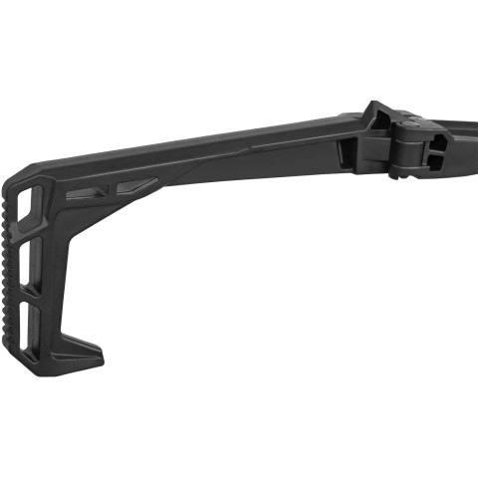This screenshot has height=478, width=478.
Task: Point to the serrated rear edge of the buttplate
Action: click(11, 269)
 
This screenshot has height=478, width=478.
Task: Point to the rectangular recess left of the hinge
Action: click(347, 151)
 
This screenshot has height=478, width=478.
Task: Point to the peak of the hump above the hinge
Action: click(374, 102)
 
